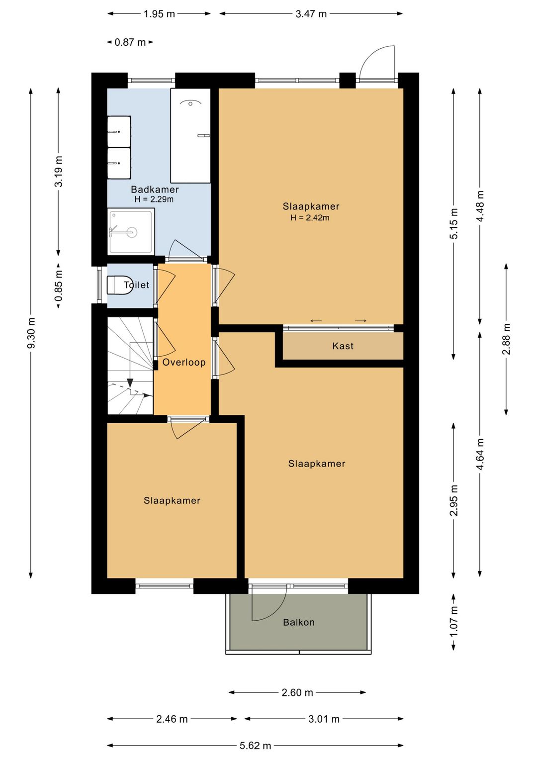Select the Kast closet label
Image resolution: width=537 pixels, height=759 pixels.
pyautogui.click(x=343, y=346)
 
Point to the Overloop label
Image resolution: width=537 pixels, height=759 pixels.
pyautogui.click(x=184, y=362)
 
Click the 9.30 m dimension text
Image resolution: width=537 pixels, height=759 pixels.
pyautogui.click(x=31, y=333)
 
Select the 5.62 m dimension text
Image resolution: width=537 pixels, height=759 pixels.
pyautogui.click(x=256, y=746)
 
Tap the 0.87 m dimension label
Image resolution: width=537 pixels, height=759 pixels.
pyautogui.click(x=130, y=42)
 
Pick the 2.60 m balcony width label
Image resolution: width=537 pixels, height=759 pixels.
pyautogui.click(x=297, y=692)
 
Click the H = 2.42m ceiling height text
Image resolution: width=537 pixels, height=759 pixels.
pyautogui.click(x=310, y=217)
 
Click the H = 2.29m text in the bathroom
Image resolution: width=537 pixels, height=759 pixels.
pyautogui.click(x=154, y=199)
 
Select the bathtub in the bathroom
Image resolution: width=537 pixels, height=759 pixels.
pyautogui.click(x=190, y=135)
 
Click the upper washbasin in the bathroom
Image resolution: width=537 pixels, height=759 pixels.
pyautogui.click(x=119, y=131)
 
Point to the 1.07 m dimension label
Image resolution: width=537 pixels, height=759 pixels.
pyautogui.click(x=453, y=622)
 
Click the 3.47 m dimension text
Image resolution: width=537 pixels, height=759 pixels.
pyautogui.click(x=311, y=14)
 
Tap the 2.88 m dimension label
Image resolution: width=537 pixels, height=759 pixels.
pyautogui.click(x=506, y=339)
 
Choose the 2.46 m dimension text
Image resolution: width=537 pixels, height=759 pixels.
pyautogui.click(x=172, y=719)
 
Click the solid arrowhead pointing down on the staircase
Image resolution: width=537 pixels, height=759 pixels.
pyautogui.click(x=130, y=382)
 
